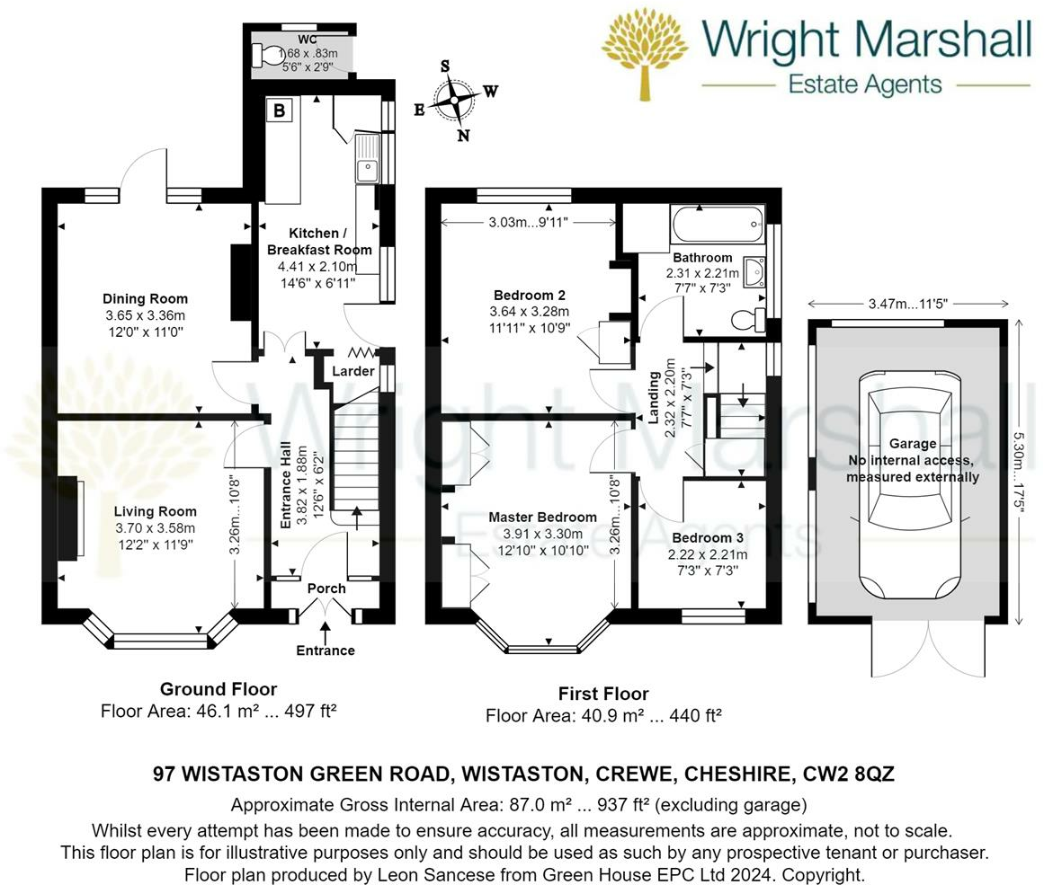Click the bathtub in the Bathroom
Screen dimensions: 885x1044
717,226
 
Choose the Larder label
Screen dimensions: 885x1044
353,371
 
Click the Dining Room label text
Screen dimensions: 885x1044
145,299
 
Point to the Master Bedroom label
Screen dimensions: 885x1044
542,517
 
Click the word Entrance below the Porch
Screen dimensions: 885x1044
326,650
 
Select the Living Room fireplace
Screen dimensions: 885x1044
72,521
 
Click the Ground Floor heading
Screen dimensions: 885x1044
219,689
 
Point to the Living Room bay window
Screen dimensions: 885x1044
161,641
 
